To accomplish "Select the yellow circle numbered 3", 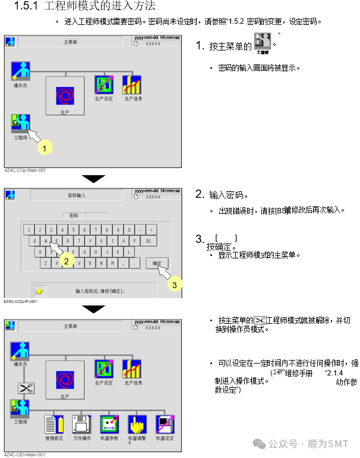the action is pos(173,285).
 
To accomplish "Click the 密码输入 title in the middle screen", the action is pos(77,195).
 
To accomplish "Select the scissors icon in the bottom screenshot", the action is pos(26,388).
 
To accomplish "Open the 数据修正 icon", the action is pos(53,424).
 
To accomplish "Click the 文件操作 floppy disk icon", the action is pos(81,424).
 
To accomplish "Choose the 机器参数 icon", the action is pos(109,424).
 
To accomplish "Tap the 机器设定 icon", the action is pos(165,424).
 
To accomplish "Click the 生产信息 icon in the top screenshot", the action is pos(132,86).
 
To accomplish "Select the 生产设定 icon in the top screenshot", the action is pos(104,86).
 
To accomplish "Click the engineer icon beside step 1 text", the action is pos(262,43).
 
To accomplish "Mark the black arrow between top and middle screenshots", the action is pos(93,178).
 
